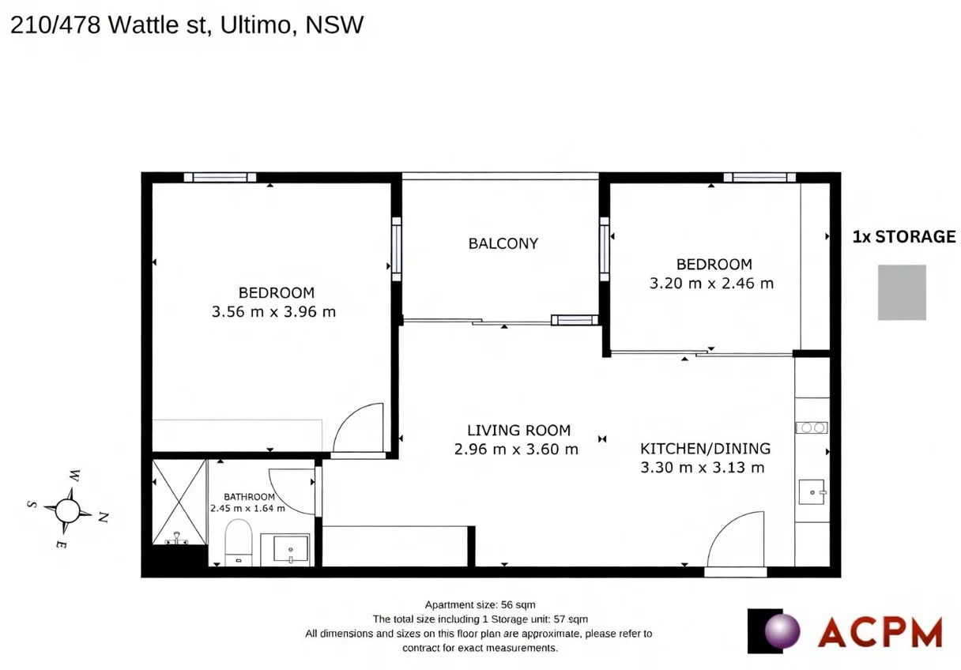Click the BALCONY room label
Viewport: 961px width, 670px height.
click(x=503, y=243)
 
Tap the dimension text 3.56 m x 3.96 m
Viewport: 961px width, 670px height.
click(x=273, y=311)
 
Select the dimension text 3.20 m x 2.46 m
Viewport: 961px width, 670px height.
click(x=711, y=283)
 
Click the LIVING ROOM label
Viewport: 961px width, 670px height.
click(x=518, y=431)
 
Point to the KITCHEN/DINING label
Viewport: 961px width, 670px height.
click(x=705, y=449)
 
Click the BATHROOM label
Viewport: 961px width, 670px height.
click(x=249, y=496)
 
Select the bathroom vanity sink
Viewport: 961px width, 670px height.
click(x=290, y=548)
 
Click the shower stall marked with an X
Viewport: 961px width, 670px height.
click(x=179, y=498)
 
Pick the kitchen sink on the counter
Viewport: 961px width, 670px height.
click(x=811, y=491)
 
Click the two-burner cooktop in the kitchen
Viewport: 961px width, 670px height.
click(x=812, y=427)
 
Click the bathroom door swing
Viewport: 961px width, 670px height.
click(x=294, y=490)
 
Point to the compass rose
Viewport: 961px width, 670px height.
click(x=68, y=510)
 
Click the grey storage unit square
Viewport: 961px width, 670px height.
click(x=902, y=292)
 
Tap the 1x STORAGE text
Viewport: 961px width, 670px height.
click(x=904, y=236)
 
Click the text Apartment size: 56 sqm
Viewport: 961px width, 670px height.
click(x=480, y=604)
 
